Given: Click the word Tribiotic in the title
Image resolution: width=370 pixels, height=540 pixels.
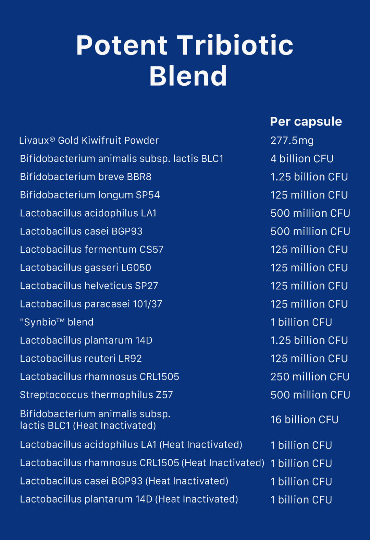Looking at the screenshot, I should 235,45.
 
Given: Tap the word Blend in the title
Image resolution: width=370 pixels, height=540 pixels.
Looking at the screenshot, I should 188,76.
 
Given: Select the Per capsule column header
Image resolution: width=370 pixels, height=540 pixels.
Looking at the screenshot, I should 306,121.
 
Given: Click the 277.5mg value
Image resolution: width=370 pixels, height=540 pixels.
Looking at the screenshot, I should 292,141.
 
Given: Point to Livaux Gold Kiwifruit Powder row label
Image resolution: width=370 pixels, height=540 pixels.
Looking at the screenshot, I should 89,141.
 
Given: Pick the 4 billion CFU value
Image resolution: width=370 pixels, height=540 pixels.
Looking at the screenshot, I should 302,159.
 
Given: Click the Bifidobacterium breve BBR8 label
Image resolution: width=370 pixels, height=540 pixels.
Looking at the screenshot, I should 86,177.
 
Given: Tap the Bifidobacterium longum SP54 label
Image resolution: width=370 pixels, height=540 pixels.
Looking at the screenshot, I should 90,195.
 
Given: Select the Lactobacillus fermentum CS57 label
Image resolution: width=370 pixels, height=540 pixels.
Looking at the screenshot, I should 91,250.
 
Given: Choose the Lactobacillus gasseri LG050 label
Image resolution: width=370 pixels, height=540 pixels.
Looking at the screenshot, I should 85,268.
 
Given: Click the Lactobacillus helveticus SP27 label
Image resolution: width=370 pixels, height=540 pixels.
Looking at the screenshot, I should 89,286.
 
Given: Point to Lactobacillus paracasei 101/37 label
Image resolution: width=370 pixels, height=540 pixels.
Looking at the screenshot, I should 91,304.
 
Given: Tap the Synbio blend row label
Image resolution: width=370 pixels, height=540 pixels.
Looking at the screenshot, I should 57,322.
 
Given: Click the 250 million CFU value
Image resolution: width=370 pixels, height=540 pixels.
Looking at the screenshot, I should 310,377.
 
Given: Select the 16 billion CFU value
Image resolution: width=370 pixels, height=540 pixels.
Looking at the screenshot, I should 304,420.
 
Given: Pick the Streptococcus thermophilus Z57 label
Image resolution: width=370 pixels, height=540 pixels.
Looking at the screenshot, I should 96,395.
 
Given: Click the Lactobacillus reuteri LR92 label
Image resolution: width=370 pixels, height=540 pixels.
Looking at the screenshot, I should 81,359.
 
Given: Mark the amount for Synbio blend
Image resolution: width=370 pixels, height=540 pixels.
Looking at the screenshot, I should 301,322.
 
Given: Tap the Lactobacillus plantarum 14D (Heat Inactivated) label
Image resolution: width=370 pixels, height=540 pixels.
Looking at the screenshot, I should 129,499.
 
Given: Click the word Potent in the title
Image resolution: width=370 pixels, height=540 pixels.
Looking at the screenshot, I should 122,45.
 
